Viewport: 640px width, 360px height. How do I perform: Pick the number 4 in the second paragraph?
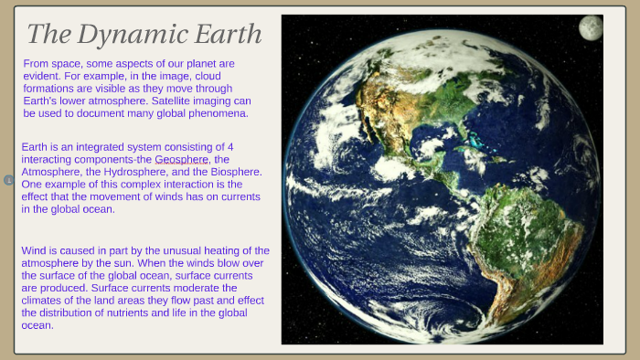click(229, 146)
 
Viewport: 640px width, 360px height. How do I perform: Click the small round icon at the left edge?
click(8, 180)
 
